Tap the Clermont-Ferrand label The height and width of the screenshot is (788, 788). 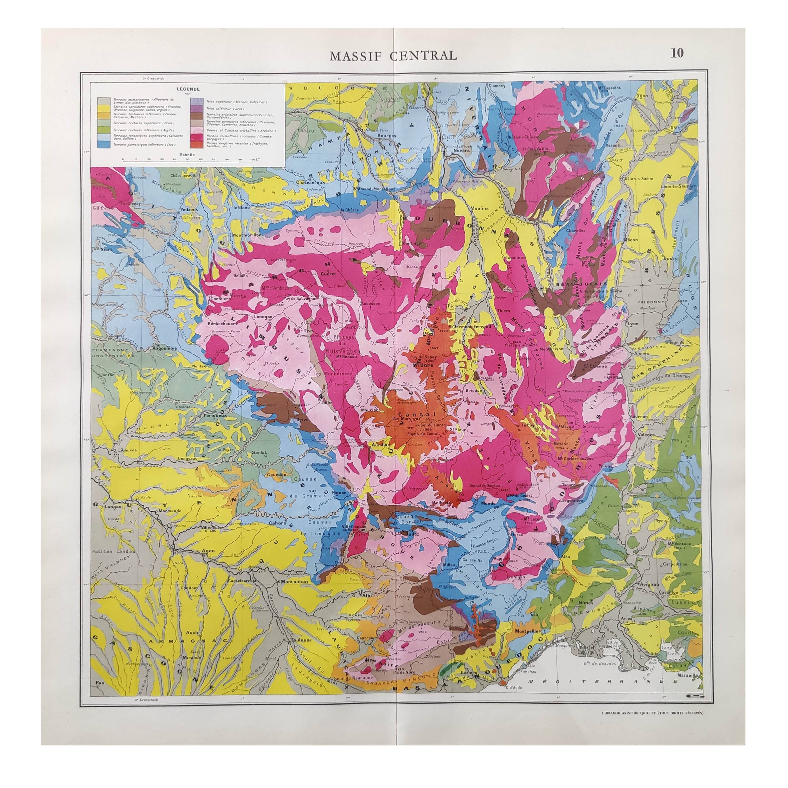pos(469,328)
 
